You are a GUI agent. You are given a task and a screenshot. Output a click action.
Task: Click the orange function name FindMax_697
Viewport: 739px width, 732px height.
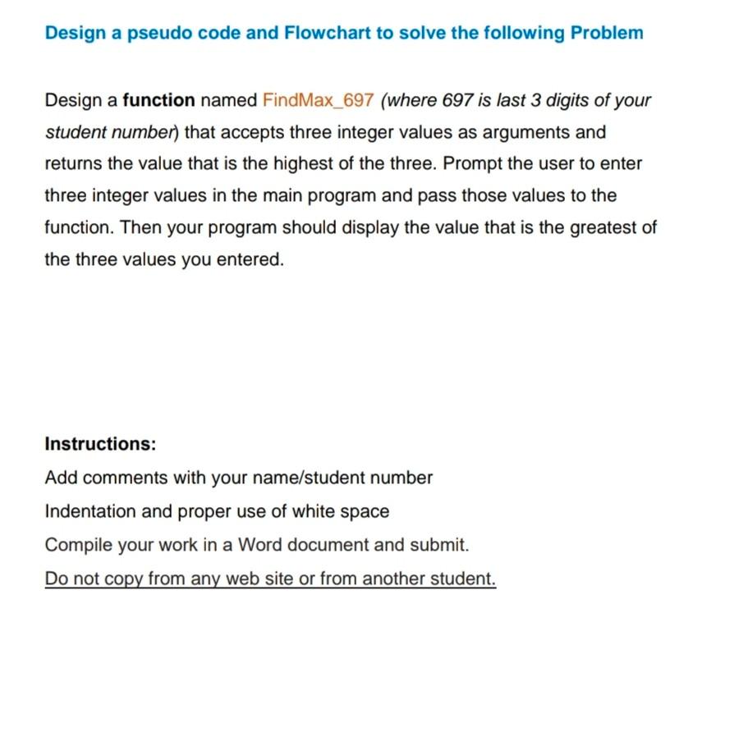[x=319, y=101]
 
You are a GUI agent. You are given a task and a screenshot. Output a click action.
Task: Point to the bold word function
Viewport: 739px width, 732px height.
[x=158, y=101]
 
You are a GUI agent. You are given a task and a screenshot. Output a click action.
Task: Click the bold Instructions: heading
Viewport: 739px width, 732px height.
[x=100, y=445]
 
